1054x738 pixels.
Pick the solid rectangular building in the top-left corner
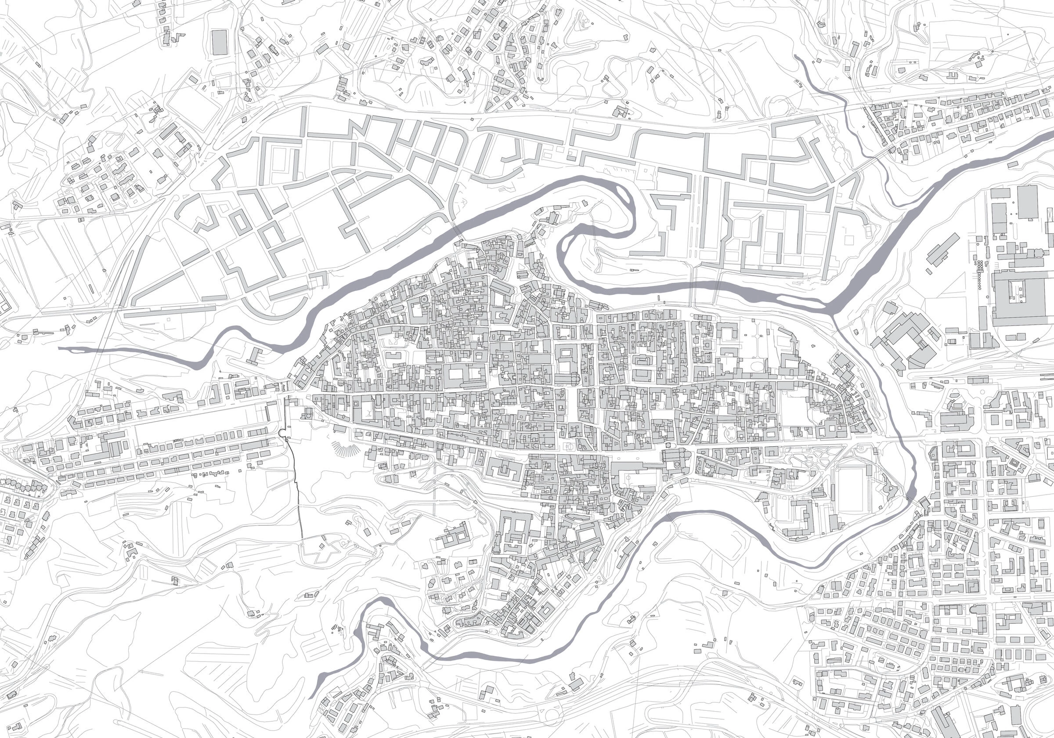220,42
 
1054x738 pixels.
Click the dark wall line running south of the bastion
297,496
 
